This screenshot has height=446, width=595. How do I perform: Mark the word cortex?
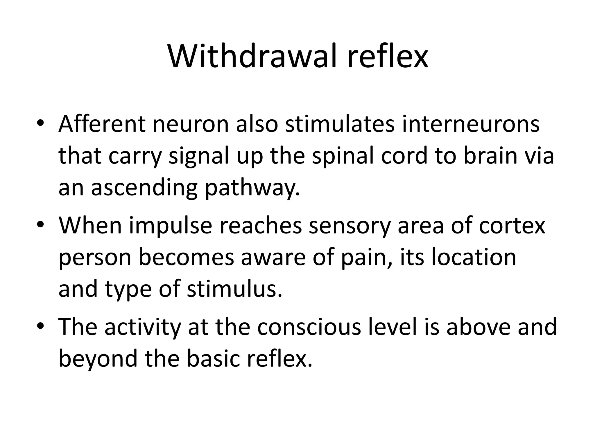pos(512,226)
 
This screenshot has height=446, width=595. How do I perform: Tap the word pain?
pos(367,258)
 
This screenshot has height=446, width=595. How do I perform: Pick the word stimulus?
pos(234,289)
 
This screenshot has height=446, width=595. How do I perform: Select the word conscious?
pos(309,327)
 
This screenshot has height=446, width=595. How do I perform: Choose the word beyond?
pos(98,359)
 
